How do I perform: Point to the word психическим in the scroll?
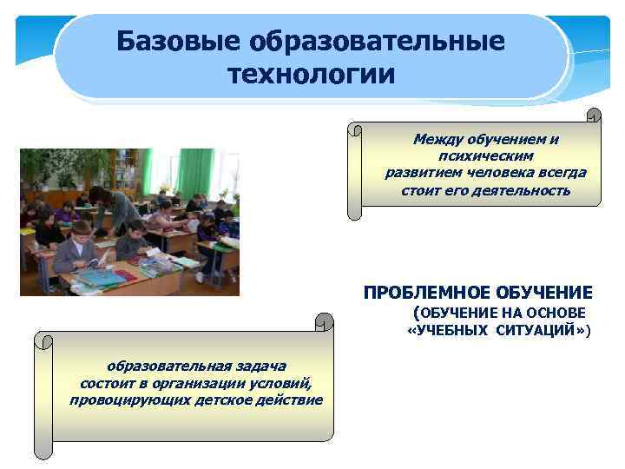(485, 155)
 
